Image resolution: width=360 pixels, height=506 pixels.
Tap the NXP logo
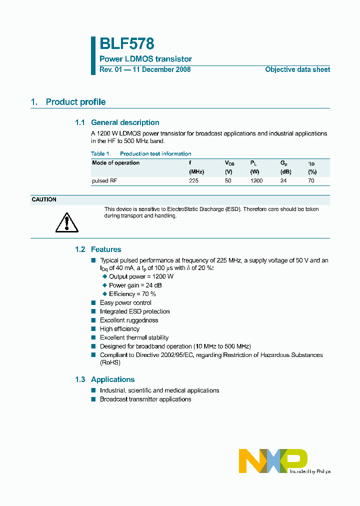pyautogui.click(x=273, y=460)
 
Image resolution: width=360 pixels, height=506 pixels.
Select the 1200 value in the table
pyautogui.click(x=256, y=180)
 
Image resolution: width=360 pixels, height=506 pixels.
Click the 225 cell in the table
pyautogui.click(x=193, y=180)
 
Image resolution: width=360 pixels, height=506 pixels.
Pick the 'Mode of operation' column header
pyautogui.click(x=115, y=163)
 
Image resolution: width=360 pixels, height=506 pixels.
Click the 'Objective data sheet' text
pyautogui.click(x=297, y=69)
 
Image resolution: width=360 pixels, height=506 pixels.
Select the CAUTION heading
pyautogui.click(x=44, y=199)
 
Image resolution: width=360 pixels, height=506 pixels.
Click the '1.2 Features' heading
pyautogui.click(x=98, y=249)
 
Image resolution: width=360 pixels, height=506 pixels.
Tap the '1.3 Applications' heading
pyautogui.click(x=104, y=379)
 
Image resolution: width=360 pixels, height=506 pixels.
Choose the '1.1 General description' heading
pyautogui.click(x=117, y=122)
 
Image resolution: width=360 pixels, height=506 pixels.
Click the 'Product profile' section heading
pyautogui.click(x=75, y=102)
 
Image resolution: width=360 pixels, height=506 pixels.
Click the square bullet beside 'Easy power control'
pyautogui.click(x=93, y=302)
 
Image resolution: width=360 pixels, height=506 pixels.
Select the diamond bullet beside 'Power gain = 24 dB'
pyautogui.click(x=105, y=285)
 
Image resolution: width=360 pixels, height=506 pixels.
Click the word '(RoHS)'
pyautogui.click(x=110, y=362)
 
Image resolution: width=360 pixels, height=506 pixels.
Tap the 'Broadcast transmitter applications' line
pyautogui.click(x=145, y=399)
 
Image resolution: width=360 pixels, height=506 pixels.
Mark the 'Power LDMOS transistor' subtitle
pyautogui.click(x=145, y=59)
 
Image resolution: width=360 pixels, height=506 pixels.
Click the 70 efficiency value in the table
pyautogui.click(x=311, y=180)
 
